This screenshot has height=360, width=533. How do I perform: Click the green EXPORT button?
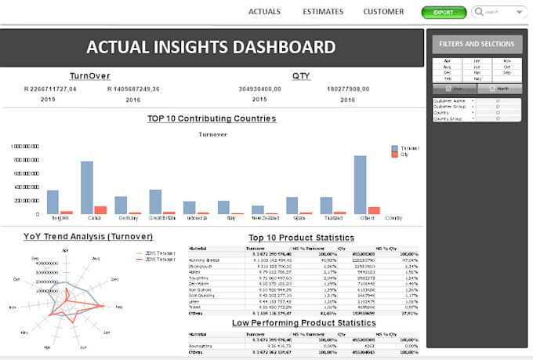(x=443, y=13)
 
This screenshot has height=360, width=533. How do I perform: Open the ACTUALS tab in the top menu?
(x=264, y=12)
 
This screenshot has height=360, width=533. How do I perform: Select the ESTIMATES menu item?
(x=321, y=12)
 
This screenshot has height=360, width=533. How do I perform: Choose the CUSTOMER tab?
(x=383, y=12)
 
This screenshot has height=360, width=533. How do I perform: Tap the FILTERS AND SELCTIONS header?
(x=477, y=45)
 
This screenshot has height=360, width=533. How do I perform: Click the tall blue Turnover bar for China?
(x=87, y=187)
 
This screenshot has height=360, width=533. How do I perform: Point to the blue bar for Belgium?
(x=53, y=202)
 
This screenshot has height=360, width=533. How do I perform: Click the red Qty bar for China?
(x=100, y=210)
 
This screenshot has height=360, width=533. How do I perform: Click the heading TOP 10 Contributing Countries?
(x=212, y=119)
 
